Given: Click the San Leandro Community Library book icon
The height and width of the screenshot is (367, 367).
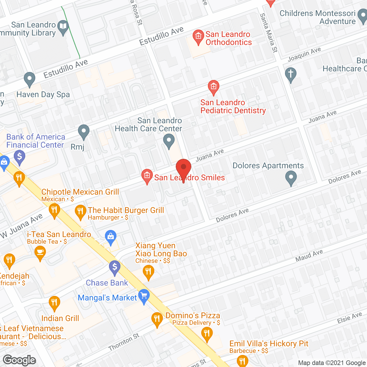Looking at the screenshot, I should tap(63, 27).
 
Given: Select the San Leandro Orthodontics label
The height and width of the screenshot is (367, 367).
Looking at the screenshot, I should tap(228, 38).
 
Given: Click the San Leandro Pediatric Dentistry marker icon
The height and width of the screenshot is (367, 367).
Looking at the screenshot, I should tap(213, 87).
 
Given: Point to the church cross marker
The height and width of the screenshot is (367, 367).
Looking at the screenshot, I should tap(290, 74).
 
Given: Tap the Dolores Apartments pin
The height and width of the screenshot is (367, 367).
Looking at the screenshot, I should tap(291, 177).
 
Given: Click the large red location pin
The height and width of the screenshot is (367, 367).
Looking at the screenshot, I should tap(183, 168).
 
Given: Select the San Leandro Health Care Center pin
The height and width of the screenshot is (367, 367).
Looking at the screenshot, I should tap(169, 141).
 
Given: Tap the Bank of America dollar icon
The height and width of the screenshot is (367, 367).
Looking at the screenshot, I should tap(19, 157).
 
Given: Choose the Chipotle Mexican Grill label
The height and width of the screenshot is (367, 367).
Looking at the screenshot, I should tap(80, 192).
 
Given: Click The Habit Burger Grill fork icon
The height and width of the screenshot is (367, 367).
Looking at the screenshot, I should tap(80, 212).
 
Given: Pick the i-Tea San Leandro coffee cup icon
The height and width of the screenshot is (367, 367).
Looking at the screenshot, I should tap(40, 253).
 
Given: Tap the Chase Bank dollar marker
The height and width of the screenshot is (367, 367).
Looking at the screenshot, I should tap(115, 267).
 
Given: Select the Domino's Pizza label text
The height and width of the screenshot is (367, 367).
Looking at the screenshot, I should tap(193, 315).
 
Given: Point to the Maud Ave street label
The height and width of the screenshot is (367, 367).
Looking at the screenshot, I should tap(309, 255).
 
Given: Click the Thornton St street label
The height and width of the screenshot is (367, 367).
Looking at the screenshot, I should tap(124, 342).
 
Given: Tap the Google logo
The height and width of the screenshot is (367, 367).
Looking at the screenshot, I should tap(19, 360).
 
